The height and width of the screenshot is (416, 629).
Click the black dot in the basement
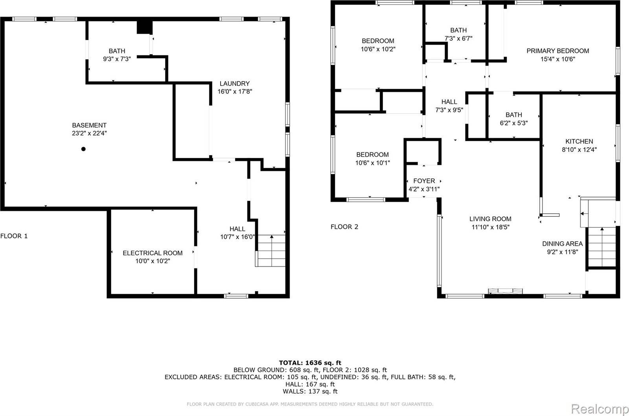83,149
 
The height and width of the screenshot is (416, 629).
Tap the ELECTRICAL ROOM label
153,253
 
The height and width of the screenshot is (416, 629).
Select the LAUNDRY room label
234,83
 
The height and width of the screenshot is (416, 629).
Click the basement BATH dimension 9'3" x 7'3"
117,59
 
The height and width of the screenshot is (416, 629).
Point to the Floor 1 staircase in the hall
271,251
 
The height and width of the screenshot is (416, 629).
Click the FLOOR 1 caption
14,236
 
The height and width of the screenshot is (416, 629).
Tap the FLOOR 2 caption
344,227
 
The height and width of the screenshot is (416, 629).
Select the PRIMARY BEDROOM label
557,51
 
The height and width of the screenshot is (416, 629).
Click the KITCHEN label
579,141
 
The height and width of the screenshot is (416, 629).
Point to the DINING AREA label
562,244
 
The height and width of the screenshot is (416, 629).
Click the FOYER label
424,181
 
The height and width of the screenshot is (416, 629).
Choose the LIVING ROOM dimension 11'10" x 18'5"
490,227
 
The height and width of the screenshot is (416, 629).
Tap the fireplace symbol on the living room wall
506,291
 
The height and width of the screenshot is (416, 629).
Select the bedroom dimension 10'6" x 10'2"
378,49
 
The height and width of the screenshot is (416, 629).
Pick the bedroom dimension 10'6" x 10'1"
372,163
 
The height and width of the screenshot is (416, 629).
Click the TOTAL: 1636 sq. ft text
310,363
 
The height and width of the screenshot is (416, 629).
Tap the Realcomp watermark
599,409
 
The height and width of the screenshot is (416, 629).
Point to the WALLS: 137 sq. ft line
310,391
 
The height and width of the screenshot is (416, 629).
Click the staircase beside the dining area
601,247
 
